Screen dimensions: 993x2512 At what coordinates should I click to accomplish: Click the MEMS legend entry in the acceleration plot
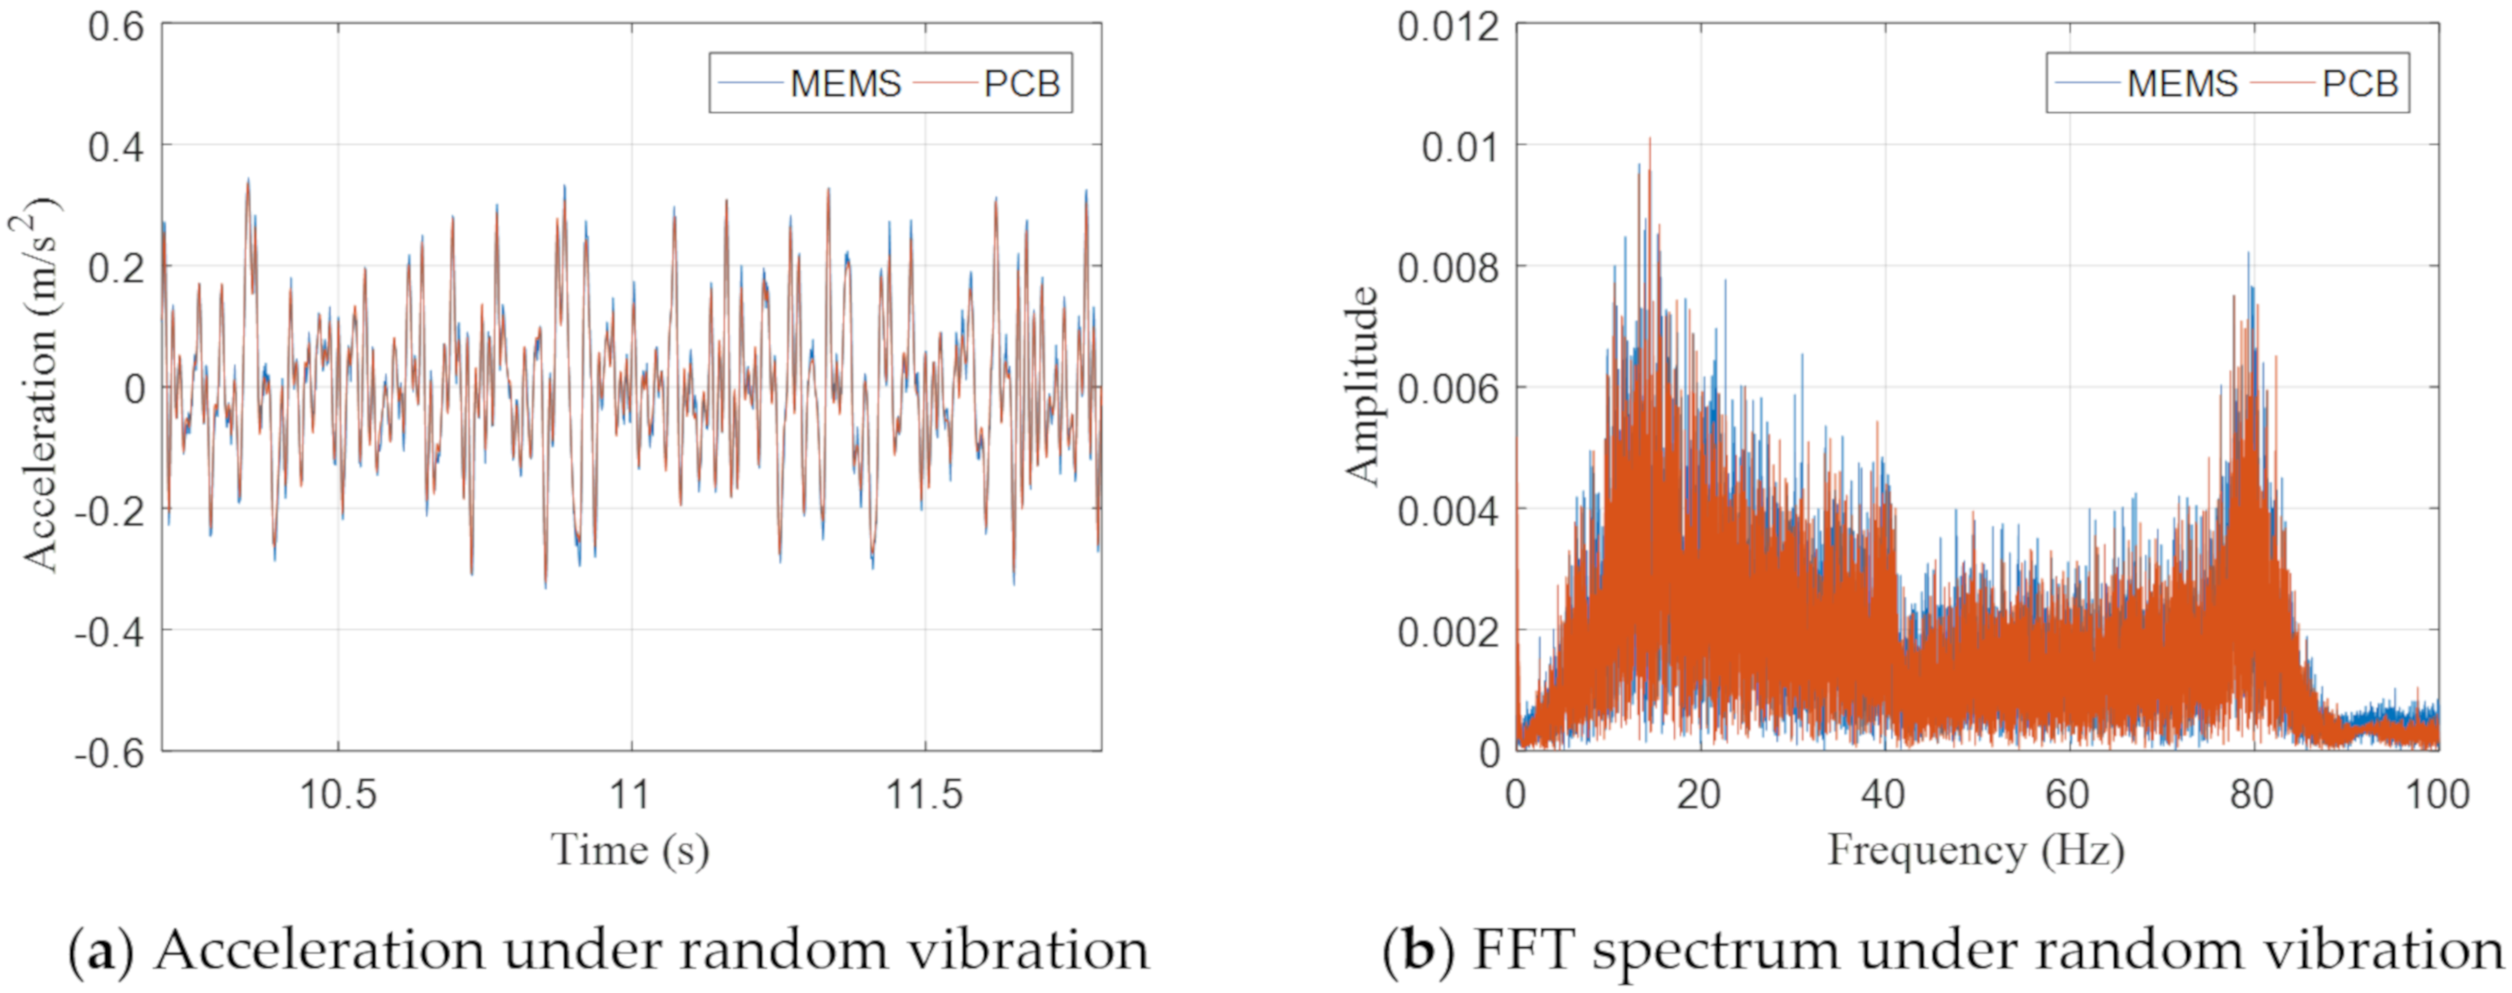[x=844, y=83]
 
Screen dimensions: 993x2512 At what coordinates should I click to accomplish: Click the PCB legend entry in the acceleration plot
[x=1021, y=83]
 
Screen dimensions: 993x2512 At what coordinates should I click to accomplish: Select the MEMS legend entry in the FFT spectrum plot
[x=2182, y=83]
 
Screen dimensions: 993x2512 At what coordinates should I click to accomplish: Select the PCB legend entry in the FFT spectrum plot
[x=2359, y=83]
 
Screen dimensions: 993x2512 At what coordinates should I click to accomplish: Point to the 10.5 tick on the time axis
[x=337, y=794]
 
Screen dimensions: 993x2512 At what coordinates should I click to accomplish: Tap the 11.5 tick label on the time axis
[x=923, y=794]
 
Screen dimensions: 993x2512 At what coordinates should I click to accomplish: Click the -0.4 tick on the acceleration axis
[x=109, y=631]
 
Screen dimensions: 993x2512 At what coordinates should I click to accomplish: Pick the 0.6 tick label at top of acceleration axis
[x=115, y=26]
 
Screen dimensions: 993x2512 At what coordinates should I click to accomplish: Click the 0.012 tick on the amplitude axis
[x=1447, y=26]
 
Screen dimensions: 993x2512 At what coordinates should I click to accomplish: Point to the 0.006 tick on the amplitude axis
[x=1447, y=389]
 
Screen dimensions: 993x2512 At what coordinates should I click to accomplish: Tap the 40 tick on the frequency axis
[x=1883, y=794]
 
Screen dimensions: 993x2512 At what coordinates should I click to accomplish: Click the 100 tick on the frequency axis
[x=2437, y=794]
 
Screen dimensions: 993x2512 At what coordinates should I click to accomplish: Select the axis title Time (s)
[x=630, y=849]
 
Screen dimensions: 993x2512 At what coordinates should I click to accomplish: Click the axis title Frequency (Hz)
[x=1976, y=849]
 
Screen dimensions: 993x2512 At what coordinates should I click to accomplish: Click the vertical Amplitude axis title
[x=1362, y=386]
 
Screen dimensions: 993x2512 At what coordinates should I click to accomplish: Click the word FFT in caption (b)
[x=1522, y=950]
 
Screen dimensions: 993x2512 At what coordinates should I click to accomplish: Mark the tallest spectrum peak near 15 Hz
[x=1650, y=140]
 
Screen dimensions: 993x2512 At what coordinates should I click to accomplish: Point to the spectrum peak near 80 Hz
[x=2249, y=256]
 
